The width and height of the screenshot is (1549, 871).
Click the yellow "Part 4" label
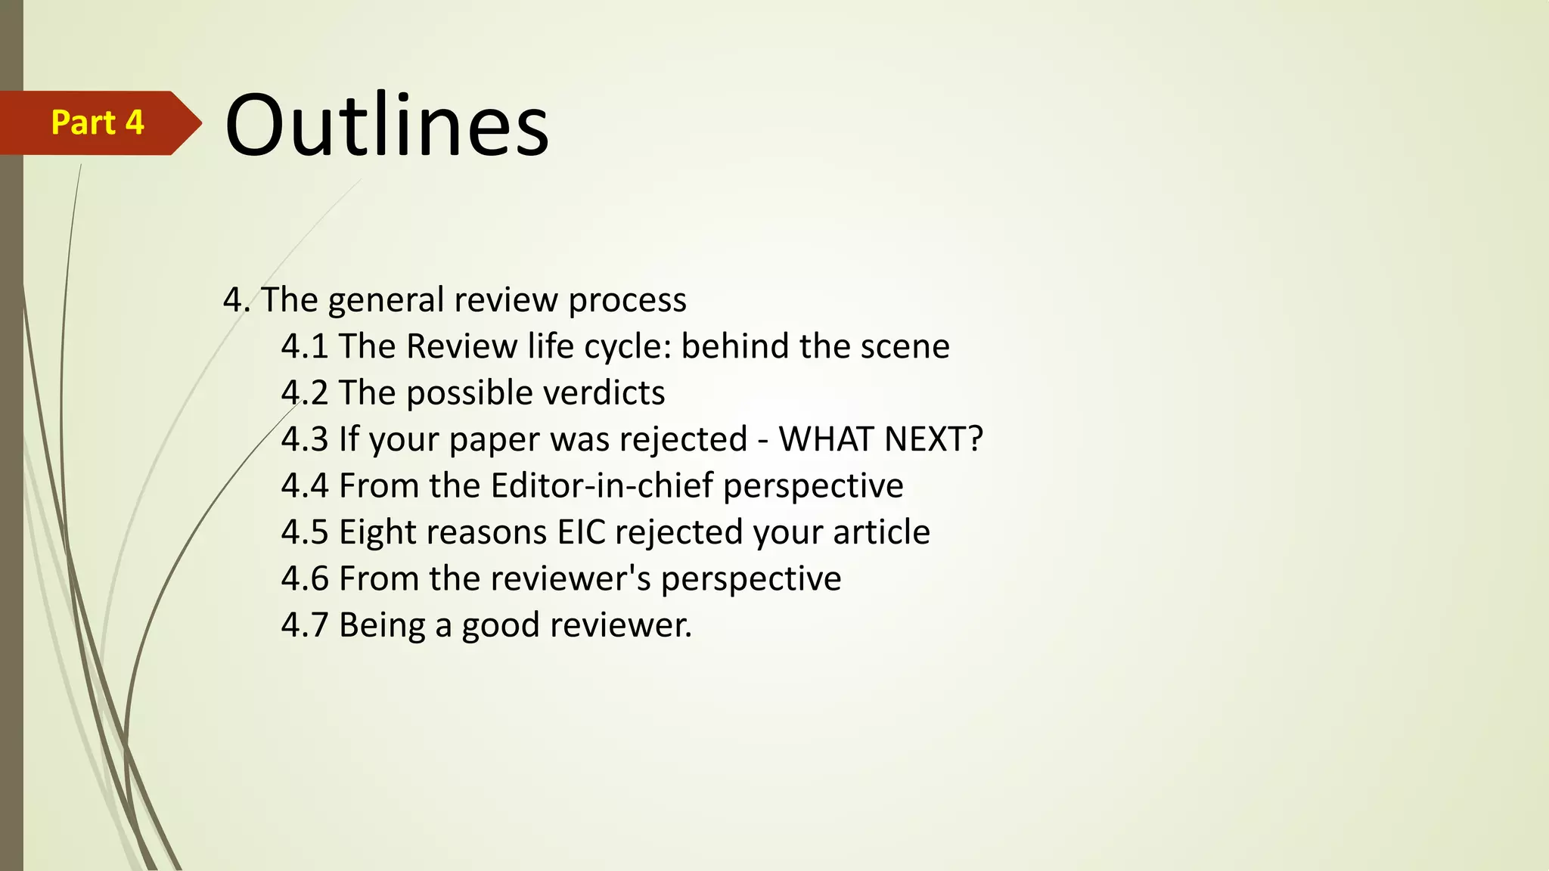click(98, 122)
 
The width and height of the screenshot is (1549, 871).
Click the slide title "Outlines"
click(386, 125)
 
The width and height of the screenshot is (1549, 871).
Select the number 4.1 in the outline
click(304, 346)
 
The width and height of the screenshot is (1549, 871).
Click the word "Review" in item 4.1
click(461, 346)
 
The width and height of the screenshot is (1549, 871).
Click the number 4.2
click(304, 393)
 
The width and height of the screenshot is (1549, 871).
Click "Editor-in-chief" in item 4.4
click(601, 485)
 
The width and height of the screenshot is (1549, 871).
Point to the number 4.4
click(304, 485)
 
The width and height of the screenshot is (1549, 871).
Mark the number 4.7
click(304, 625)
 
